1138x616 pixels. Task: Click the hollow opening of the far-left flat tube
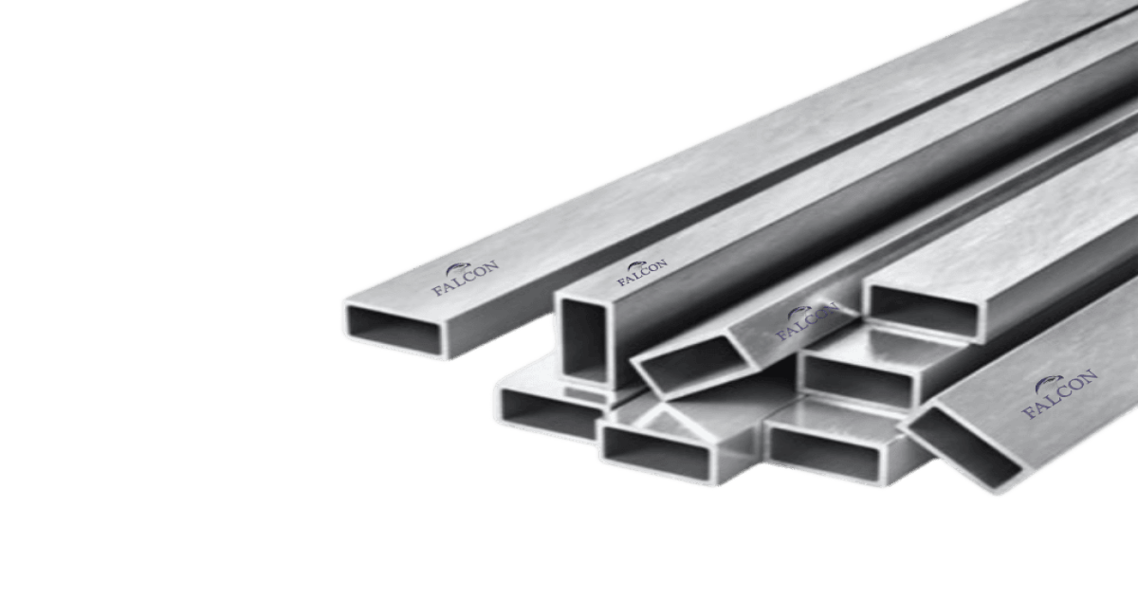(395, 329)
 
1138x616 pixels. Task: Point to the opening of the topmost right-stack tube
(923, 311)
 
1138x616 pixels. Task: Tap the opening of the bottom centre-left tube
(657, 452)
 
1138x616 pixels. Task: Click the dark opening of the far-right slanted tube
(964, 448)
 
